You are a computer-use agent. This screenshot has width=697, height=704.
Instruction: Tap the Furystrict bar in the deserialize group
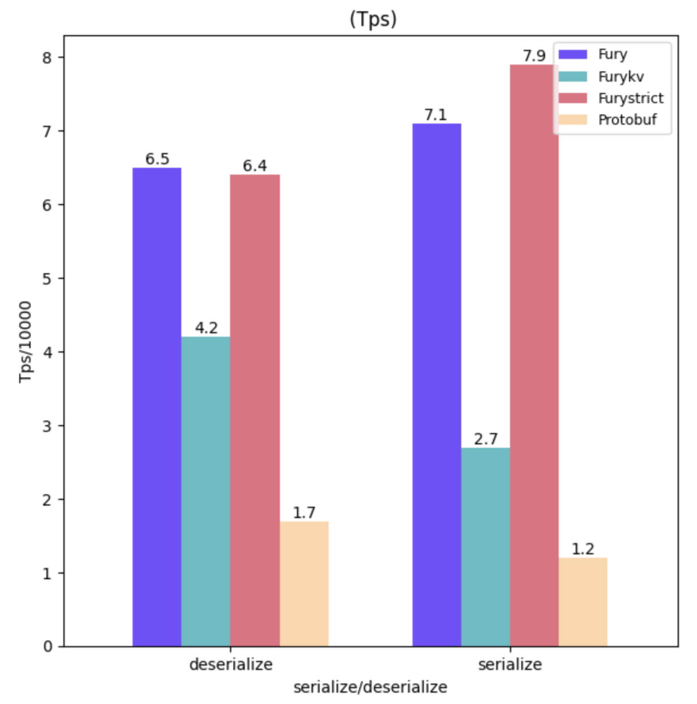coord(255,410)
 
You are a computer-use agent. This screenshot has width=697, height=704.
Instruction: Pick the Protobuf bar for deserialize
coord(304,584)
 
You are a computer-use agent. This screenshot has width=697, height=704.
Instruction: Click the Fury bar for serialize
coord(436,385)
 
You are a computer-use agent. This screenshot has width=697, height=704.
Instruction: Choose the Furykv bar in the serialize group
coord(485,547)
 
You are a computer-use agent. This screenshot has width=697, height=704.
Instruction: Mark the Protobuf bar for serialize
coord(583,602)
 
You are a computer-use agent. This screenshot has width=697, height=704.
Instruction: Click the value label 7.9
coord(534,56)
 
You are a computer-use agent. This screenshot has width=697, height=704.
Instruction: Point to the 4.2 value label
coord(206,328)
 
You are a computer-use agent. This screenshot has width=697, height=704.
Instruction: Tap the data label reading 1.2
coord(583,549)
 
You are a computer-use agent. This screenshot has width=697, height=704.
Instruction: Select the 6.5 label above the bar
coord(157,159)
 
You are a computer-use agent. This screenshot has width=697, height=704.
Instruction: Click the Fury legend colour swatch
coord(572,54)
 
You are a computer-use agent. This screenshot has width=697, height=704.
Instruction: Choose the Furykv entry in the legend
coord(620,77)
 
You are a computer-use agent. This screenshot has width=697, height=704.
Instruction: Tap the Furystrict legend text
coord(630,98)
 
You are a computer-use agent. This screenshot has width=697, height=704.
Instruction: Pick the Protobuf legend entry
coord(627,120)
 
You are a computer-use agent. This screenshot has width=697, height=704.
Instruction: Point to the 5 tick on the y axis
coord(46,278)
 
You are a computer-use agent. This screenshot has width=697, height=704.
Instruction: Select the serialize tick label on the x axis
coord(509,664)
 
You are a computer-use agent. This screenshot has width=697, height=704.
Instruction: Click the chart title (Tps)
coord(372,19)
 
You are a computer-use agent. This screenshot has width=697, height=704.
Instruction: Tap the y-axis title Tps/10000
coord(25,341)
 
